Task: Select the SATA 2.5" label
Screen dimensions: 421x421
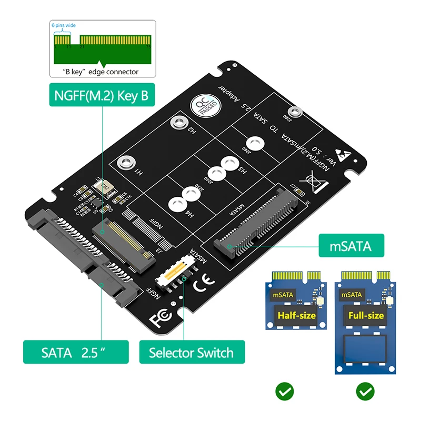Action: coord(76,352)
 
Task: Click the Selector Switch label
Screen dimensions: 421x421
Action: coord(192,352)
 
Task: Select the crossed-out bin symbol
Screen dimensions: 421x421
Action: coord(316,183)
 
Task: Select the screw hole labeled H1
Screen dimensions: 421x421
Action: coord(125,162)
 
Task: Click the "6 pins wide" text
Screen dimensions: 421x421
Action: coord(64,25)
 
